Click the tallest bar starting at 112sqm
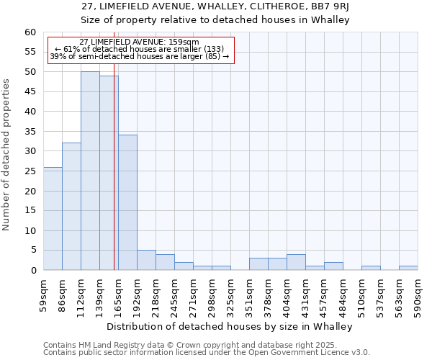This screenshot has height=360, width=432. tap(90, 171)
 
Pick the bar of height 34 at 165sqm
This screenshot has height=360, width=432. tap(127, 202)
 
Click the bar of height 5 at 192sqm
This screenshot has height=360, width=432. tap(146, 260)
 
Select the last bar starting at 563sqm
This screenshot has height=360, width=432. tap(408, 268)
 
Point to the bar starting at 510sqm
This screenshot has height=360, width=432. tap(371, 268)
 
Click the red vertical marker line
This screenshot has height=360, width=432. tap(114, 180)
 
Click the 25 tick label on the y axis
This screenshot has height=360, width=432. tap(30, 171)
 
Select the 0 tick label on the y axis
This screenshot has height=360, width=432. tap(32, 270)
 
